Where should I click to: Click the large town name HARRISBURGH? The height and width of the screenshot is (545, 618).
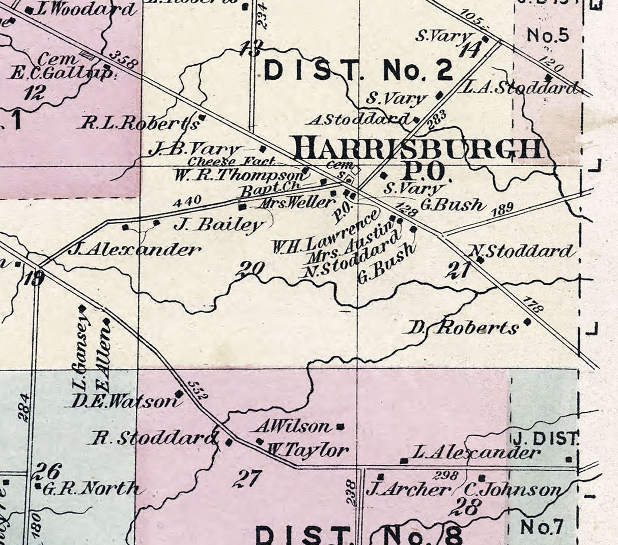(418, 149)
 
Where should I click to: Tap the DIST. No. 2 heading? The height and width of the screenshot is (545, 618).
(358, 71)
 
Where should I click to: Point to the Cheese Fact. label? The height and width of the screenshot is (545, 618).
(232, 161)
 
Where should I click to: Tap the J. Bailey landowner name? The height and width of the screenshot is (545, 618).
(219, 224)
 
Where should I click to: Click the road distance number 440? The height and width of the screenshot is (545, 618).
(187, 202)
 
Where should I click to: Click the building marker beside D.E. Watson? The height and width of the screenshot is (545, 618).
(179, 393)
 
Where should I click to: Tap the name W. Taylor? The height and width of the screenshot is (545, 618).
(308, 449)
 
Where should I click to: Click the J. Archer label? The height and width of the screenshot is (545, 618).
(408, 490)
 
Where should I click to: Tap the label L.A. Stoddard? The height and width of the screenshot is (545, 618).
(519, 88)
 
